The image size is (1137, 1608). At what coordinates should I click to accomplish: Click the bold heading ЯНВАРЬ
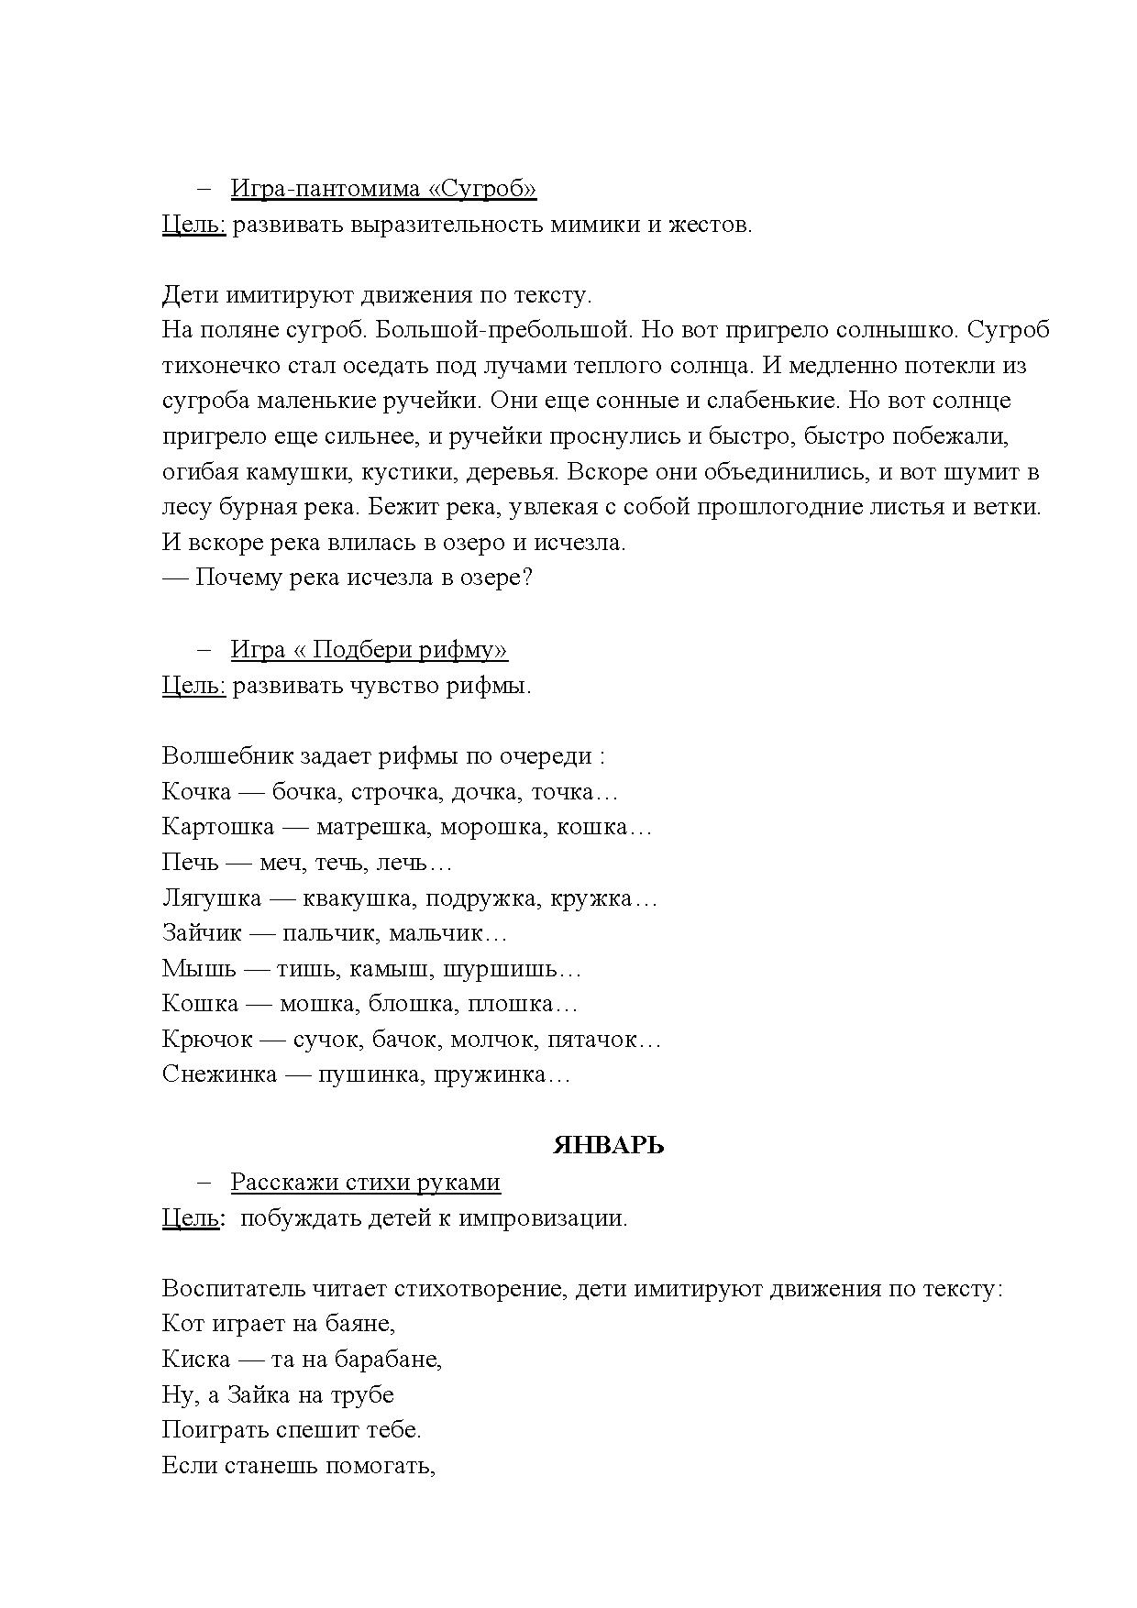coord(608,1146)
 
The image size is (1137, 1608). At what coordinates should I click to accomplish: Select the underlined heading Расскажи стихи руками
coord(365,1183)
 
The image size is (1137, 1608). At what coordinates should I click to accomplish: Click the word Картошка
coord(218,827)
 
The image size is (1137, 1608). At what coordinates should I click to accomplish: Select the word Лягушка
coord(212,898)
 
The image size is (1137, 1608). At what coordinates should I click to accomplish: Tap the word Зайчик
coord(202,933)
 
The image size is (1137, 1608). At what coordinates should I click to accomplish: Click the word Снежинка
coord(219,1074)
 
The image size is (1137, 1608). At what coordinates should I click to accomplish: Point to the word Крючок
coord(207,1040)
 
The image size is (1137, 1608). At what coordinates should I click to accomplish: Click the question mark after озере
coord(526,578)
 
